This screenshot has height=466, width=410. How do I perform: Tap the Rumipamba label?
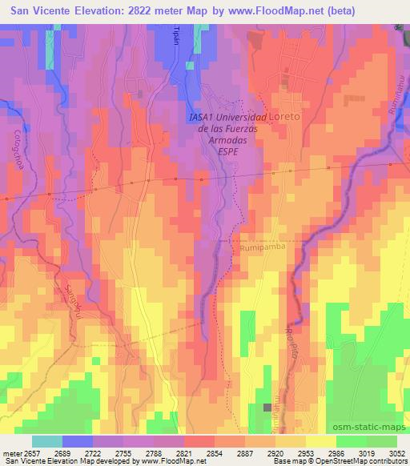point(258,248)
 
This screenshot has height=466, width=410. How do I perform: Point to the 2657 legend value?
point(30,452)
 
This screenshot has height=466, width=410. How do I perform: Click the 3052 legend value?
point(396,452)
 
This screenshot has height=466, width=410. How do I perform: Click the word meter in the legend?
point(10,452)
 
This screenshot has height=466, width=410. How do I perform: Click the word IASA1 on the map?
point(202,117)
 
